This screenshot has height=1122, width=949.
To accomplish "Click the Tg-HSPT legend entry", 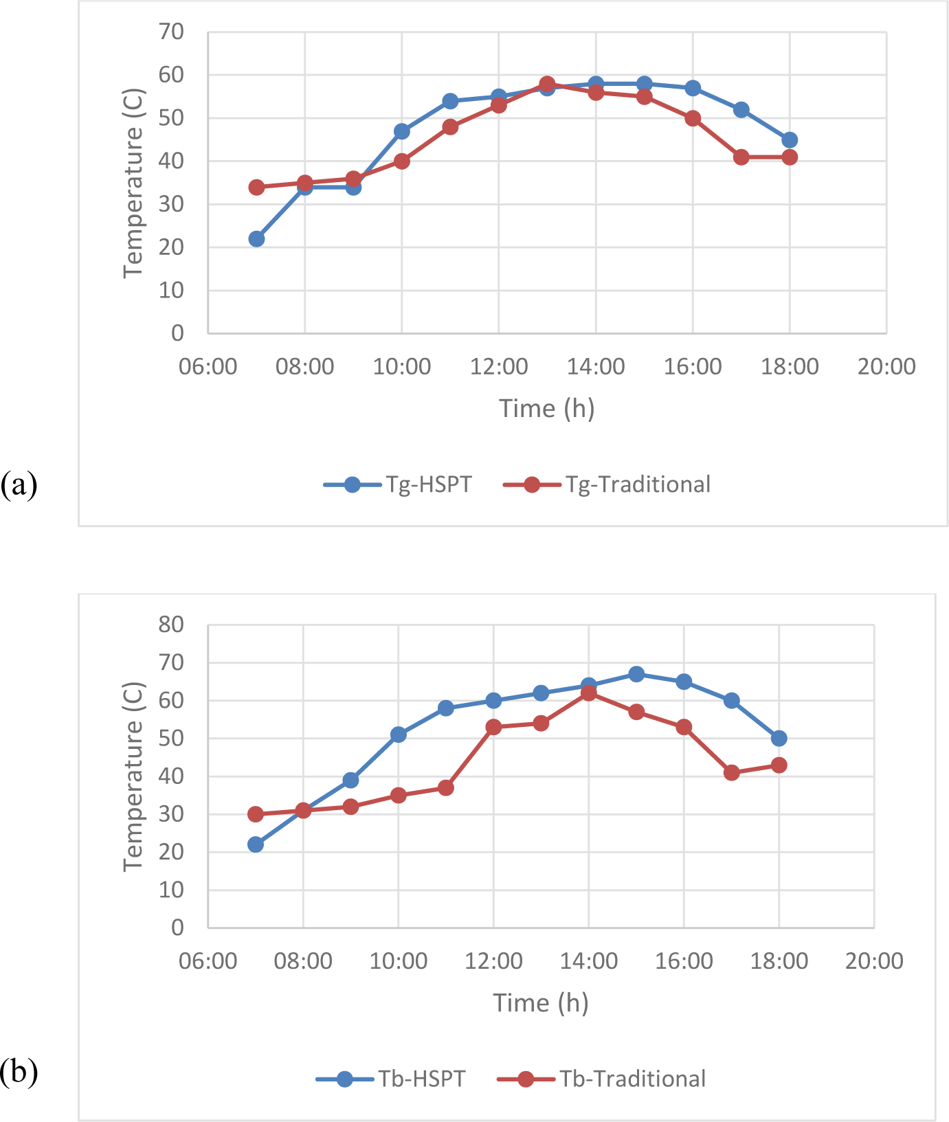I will point(398,484).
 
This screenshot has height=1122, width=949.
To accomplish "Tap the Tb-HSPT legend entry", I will point(391,1079).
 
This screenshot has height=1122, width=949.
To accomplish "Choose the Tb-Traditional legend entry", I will point(601,1079).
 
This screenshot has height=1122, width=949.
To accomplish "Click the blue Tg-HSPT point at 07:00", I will point(256,239).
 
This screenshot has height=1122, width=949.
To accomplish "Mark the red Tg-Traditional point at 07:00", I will point(256,187).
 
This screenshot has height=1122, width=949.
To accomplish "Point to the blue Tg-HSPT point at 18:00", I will point(790,140).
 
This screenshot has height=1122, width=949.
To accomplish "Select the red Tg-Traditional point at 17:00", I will point(741,157).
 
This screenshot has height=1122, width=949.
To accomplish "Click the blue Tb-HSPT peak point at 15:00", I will point(636,674).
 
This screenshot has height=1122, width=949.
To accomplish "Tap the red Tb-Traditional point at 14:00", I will point(589,693).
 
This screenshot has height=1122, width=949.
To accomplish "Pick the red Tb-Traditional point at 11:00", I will point(446,788).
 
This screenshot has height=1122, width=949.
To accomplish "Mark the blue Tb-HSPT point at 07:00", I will point(256,844).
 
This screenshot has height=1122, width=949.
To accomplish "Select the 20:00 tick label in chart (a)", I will point(886,366).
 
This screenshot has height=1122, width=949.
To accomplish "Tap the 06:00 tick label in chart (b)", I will point(208,961).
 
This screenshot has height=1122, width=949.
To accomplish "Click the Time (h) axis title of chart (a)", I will point(546,408).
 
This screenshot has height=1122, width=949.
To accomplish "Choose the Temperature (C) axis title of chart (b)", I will point(133,776).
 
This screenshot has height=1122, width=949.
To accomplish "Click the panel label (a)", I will point(19,484).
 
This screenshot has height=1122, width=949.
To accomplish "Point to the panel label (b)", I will point(19,1072).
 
